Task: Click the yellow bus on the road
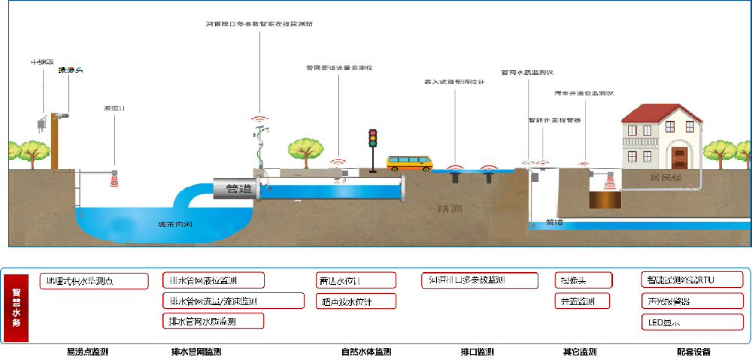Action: [410, 163]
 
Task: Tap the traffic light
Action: [371, 141]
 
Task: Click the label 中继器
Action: [41, 61]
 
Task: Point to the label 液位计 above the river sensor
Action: [114, 109]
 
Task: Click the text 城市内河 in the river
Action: [172, 224]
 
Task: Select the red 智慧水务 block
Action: [17, 307]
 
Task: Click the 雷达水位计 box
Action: [356, 280]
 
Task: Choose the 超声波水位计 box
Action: [356, 301]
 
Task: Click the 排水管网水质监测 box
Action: [214, 320]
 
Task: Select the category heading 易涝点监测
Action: [87, 352]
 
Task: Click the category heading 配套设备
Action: [693, 352]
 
